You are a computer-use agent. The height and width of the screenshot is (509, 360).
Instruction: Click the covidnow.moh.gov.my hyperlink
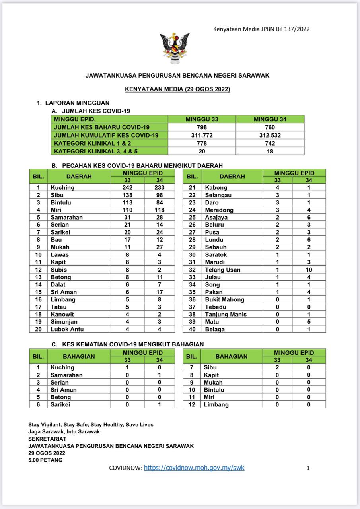194,468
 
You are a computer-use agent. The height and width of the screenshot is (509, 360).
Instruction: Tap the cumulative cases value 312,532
270,135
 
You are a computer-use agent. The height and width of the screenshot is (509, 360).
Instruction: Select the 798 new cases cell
202,127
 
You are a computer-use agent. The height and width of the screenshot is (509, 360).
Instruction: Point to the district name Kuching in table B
62,187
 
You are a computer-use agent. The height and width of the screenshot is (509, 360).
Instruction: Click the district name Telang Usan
223,270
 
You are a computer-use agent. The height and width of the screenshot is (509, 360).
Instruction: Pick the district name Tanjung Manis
226,314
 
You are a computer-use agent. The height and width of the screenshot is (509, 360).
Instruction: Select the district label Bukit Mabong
224,299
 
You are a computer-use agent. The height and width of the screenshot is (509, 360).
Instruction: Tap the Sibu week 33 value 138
127,195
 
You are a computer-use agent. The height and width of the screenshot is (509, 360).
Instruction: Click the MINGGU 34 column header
270,119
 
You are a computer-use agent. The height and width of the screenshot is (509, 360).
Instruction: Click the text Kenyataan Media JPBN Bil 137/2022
261,29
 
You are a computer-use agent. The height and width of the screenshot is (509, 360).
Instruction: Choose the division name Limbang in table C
216,404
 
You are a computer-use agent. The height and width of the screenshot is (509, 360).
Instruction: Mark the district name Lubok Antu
67,329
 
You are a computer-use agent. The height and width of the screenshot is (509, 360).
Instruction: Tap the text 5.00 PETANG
45,460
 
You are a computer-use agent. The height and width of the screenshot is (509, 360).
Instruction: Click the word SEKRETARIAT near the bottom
47,439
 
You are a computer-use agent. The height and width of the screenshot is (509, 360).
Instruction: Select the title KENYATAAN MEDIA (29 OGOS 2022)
177,89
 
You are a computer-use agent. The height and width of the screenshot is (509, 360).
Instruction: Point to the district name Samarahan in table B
66,217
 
